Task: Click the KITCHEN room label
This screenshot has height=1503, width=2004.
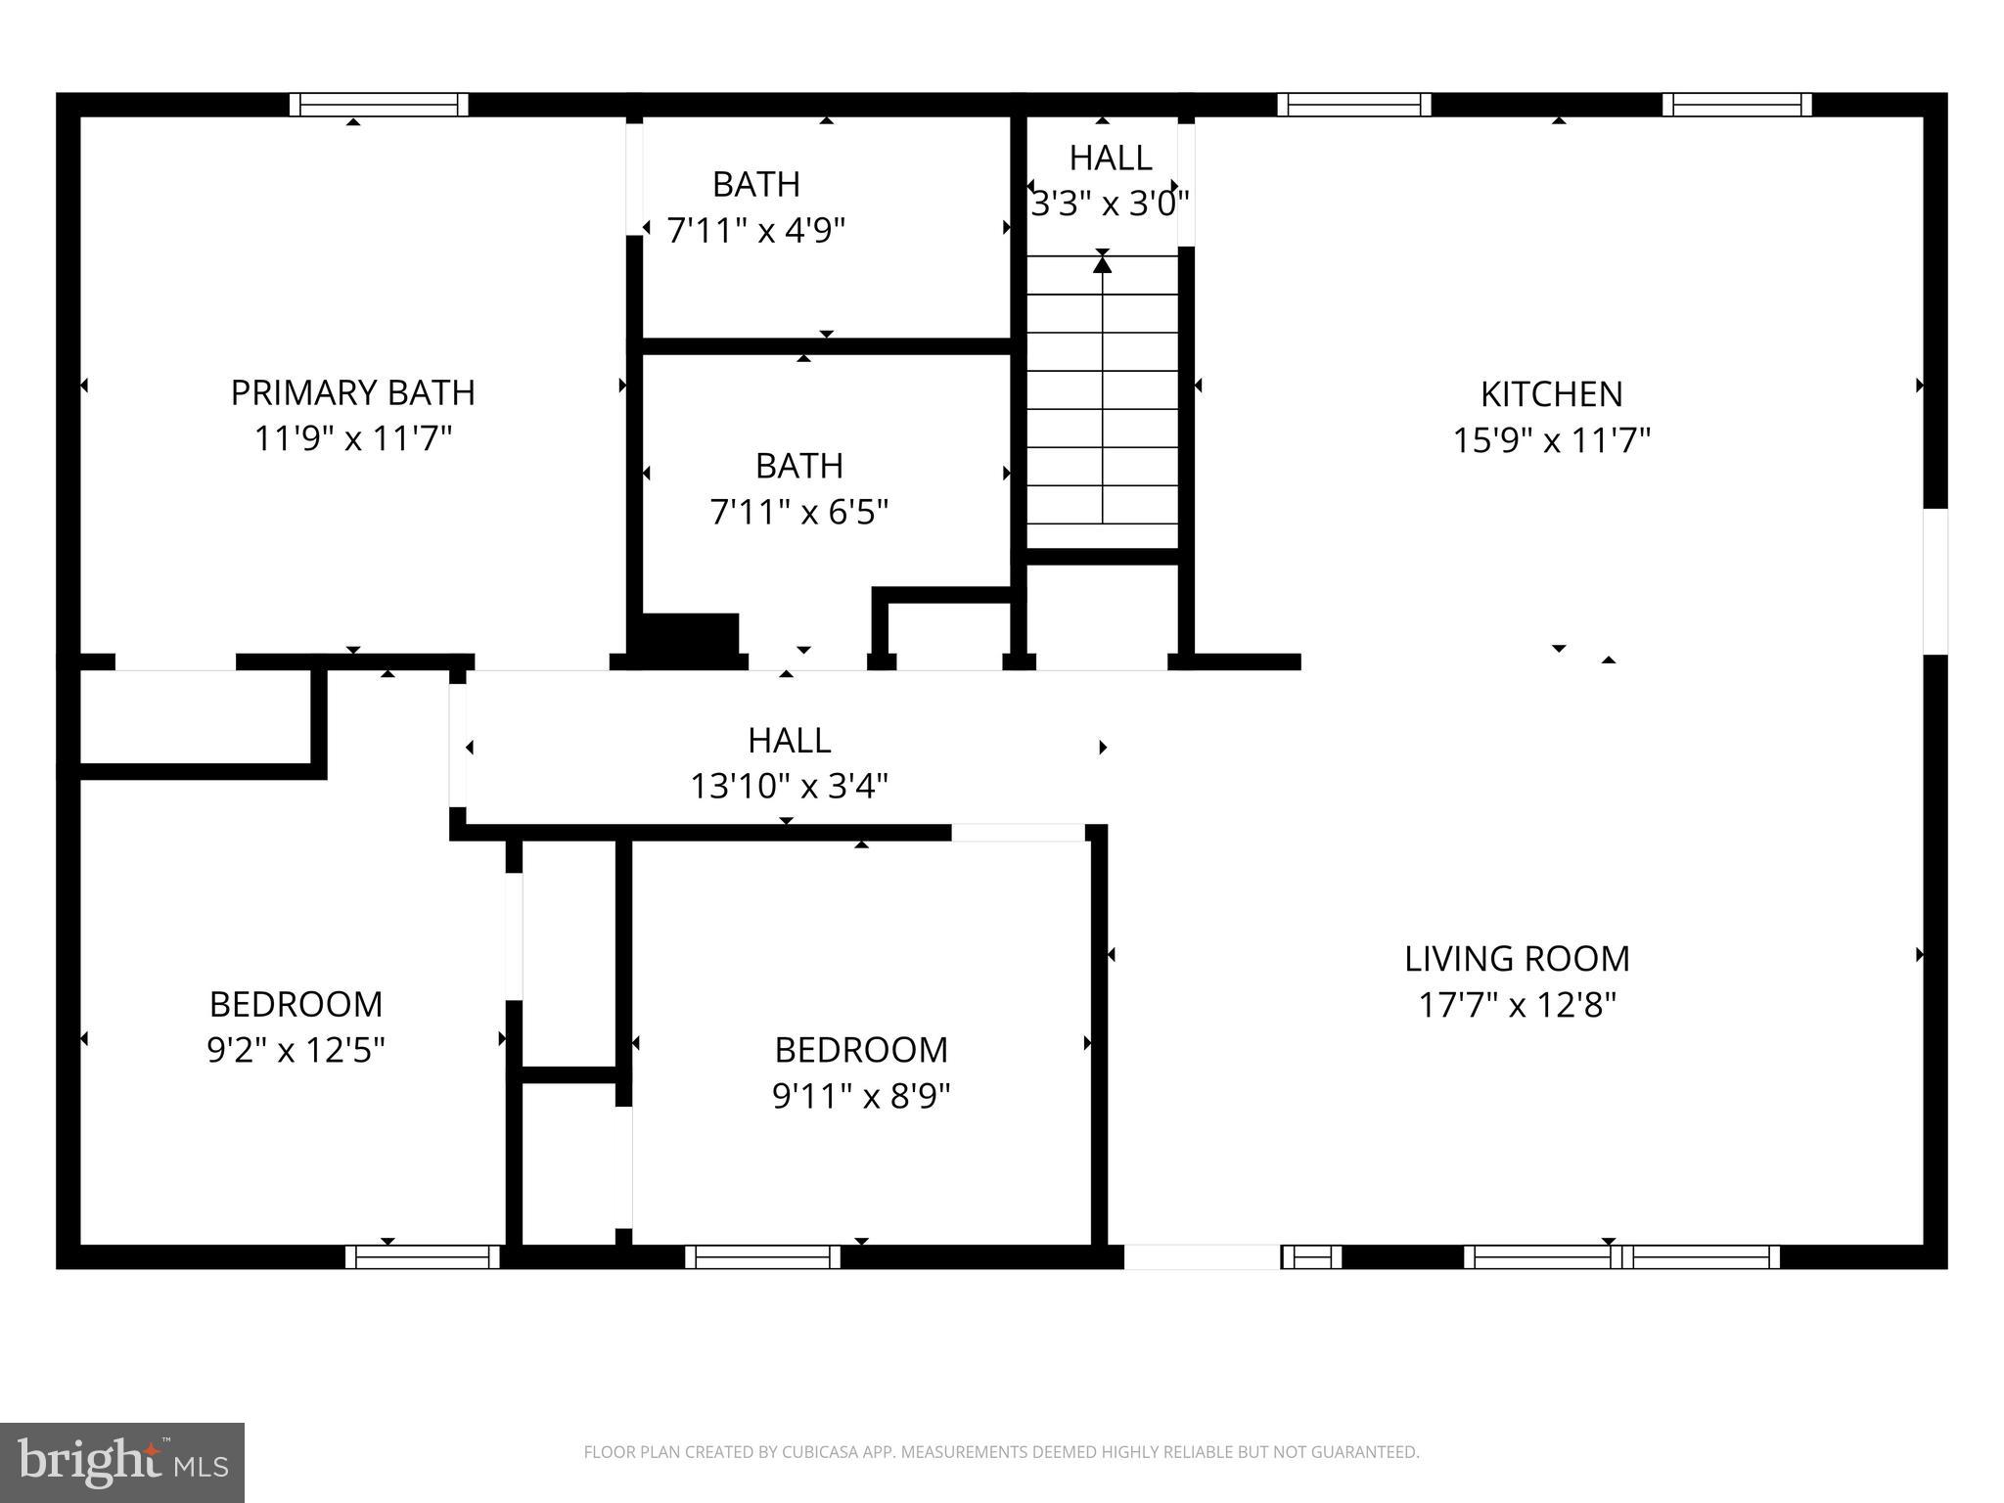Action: [x=1551, y=394]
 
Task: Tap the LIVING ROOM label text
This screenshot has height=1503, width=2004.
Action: [x=1517, y=959]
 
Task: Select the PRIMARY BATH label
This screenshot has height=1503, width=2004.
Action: [x=352, y=393]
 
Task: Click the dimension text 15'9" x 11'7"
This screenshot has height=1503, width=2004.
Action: [x=1551, y=440]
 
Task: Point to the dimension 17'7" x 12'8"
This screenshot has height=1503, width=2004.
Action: [x=1517, y=1005]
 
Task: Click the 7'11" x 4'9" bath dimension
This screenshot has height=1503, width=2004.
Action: [x=755, y=231]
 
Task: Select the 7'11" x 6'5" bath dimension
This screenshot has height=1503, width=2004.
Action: [x=798, y=512]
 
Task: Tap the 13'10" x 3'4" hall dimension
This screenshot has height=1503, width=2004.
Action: [x=789, y=786]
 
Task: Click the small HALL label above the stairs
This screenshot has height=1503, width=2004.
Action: [x=1110, y=158]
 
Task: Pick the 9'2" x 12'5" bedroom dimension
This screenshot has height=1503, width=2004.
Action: [x=296, y=1051]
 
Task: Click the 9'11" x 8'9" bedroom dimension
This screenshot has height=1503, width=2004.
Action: [x=861, y=1096]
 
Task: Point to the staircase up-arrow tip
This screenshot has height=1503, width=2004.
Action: [x=1103, y=261]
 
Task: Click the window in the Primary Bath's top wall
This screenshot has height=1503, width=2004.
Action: [x=379, y=105]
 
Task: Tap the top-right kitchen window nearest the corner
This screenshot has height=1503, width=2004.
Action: [x=1737, y=105]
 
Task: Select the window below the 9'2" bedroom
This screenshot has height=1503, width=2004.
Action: [x=423, y=1256]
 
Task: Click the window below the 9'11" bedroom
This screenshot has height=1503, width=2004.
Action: [x=762, y=1256]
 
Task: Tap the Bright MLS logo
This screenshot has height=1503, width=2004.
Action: [x=122, y=1462]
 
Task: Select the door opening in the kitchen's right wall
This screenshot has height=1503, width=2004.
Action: [x=1935, y=581]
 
